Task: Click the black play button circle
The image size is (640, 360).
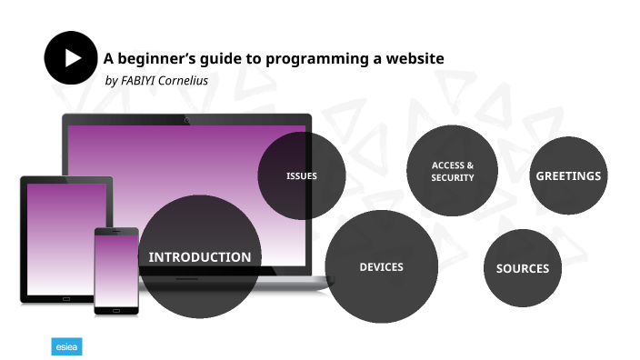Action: click(71, 58)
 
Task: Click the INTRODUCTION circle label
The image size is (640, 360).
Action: click(200, 257)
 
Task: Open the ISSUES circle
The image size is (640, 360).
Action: click(301, 175)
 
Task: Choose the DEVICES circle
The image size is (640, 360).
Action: click(381, 266)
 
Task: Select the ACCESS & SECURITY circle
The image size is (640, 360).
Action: click(453, 171)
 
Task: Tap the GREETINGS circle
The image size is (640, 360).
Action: click(568, 175)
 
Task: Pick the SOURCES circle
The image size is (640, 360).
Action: click(523, 268)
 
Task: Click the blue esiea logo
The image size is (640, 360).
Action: click(66, 346)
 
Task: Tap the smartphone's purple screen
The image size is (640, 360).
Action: click(116, 270)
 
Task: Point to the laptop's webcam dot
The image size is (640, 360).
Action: click(187, 120)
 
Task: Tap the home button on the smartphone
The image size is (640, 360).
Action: click(116, 311)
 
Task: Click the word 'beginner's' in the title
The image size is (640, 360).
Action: click(155, 59)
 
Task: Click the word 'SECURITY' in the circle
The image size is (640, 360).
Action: click(453, 177)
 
